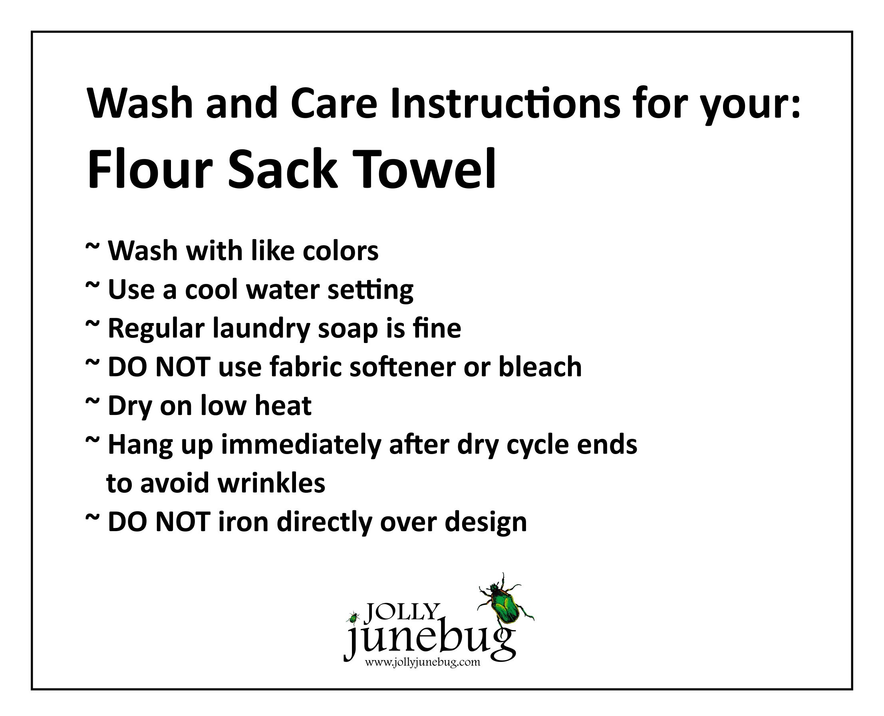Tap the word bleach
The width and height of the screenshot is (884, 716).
pos(540,367)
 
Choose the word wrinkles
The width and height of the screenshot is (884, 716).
pos(271,483)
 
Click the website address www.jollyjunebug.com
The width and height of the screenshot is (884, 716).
pos(422,663)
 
